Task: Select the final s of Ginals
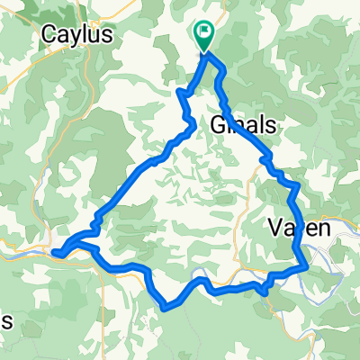coord(271,125)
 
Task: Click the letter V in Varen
coord(276,229)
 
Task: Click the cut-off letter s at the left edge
coord(5,322)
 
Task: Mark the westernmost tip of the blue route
coord(54,253)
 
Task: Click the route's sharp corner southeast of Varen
coord(308,266)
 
